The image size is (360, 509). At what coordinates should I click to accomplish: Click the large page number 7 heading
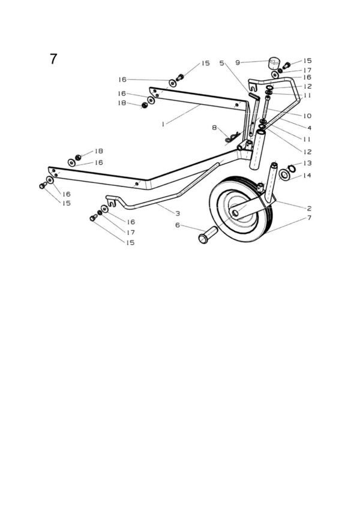pyautogui.click(x=53, y=59)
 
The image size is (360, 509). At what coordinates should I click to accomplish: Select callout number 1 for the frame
pyautogui.click(x=163, y=123)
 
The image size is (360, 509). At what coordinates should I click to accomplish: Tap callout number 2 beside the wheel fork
pyautogui.click(x=309, y=208)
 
